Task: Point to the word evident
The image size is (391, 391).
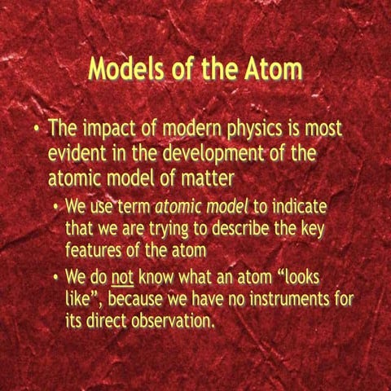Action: pyautogui.click(x=81, y=152)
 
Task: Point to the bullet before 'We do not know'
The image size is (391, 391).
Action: pyautogui.click(x=55, y=278)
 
